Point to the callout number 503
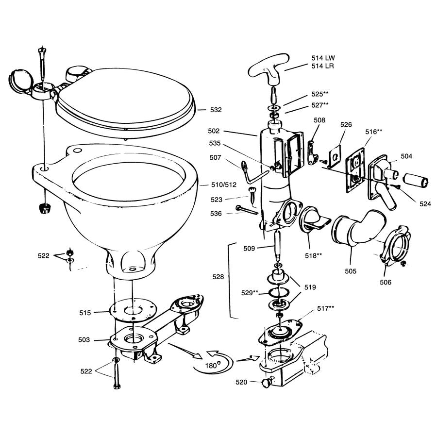pos(84,340)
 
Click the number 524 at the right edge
pos(425,204)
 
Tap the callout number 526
pos(346,125)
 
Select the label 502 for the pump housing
pos(227,131)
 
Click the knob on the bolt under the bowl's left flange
pos(45,209)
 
